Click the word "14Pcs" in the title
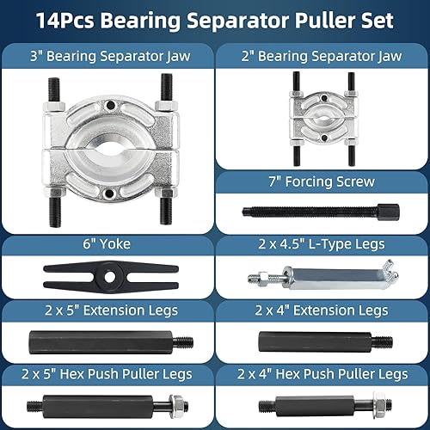[65, 21]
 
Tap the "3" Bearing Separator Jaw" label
[110, 56]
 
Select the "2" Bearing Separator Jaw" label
[322, 56]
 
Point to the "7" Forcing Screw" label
[322, 181]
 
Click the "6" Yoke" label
[107, 244]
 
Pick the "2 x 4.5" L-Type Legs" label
[322, 244]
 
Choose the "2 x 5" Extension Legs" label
[111, 310]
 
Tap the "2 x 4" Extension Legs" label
[322, 310]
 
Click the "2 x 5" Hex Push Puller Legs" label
[107, 374]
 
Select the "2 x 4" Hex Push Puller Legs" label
[322, 374]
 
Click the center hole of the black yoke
[109, 277]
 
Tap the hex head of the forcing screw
[389, 212]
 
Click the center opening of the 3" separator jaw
[111, 149]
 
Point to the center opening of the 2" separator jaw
[324, 118]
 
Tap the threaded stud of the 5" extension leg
[183, 342]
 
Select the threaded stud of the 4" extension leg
[383, 342]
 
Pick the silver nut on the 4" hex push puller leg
[380, 405]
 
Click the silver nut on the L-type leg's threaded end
[263, 278]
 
